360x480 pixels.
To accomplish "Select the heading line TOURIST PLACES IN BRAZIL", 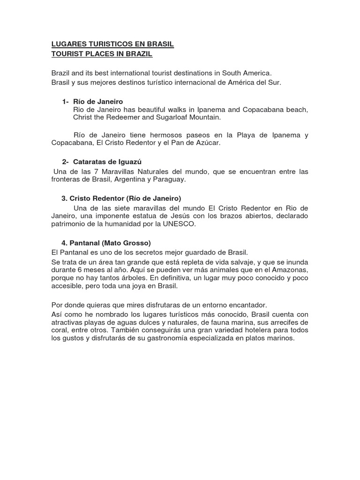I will point(102,54).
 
